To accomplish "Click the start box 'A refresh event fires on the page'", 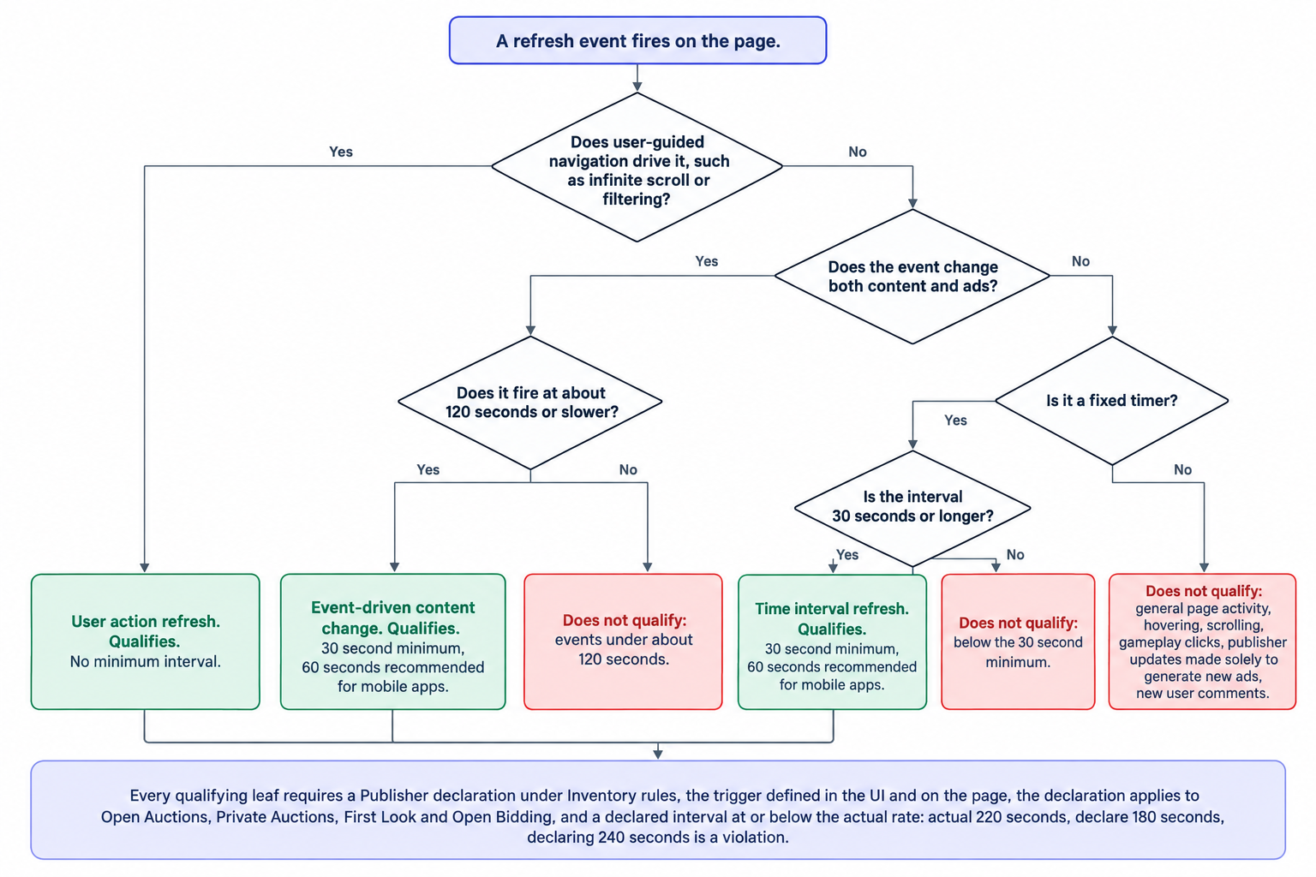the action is pyautogui.click(x=637, y=40).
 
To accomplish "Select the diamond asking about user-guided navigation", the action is pyautogui.click(x=637, y=167).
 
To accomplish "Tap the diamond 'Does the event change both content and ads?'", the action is pyautogui.click(x=912, y=276).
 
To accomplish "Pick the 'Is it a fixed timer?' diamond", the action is pyautogui.click(x=1111, y=401).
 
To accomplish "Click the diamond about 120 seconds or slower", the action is pyautogui.click(x=530, y=403).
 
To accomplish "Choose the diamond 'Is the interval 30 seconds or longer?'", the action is pyautogui.click(x=912, y=508).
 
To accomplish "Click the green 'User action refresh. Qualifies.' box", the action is pyautogui.click(x=145, y=641).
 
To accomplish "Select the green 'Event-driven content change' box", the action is pyautogui.click(x=392, y=641).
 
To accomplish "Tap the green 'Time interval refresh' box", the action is pyautogui.click(x=832, y=641).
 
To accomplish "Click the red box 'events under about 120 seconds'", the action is pyautogui.click(x=623, y=641).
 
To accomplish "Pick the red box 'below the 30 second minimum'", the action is pyautogui.click(x=1018, y=641).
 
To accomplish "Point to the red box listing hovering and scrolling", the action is pyautogui.click(x=1202, y=641).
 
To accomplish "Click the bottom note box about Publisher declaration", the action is pyautogui.click(x=658, y=810).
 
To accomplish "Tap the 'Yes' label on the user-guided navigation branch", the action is pyautogui.click(x=341, y=152).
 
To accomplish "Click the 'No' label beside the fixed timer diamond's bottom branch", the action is pyautogui.click(x=1182, y=469).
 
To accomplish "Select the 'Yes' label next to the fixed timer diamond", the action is pyautogui.click(x=955, y=420).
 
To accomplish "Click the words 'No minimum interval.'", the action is pyautogui.click(x=145, y=661).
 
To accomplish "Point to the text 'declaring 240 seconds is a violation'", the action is pyautogui.click(x=657, y=837).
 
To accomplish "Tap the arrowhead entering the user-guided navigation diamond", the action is pyautogui.click(x=637, y=87).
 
